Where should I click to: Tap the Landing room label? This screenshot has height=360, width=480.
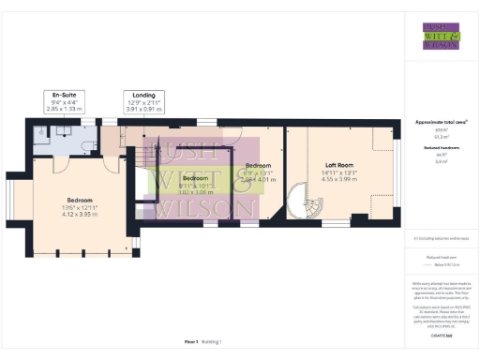[143, 95]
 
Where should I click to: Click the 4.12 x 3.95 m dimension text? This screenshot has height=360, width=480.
[67, 188]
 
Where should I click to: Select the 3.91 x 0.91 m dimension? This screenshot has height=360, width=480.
[143, 109]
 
